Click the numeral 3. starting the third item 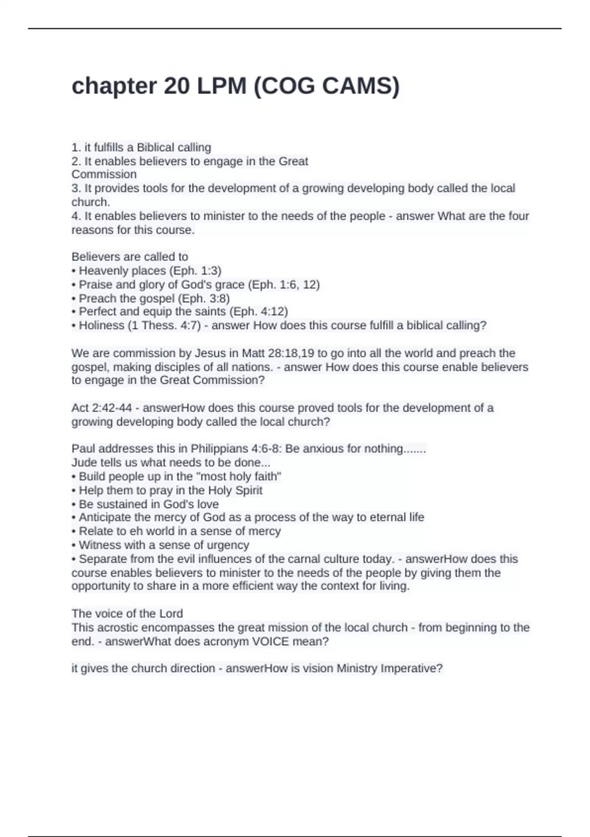[76, 188]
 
